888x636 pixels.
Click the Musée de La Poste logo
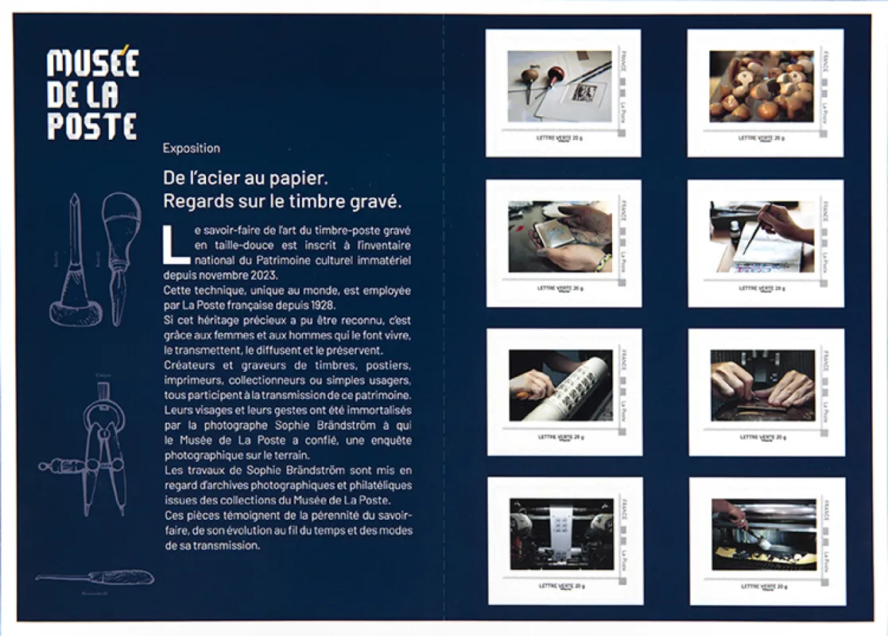coord(92,95)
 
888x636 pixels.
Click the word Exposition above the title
coord(191,148)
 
